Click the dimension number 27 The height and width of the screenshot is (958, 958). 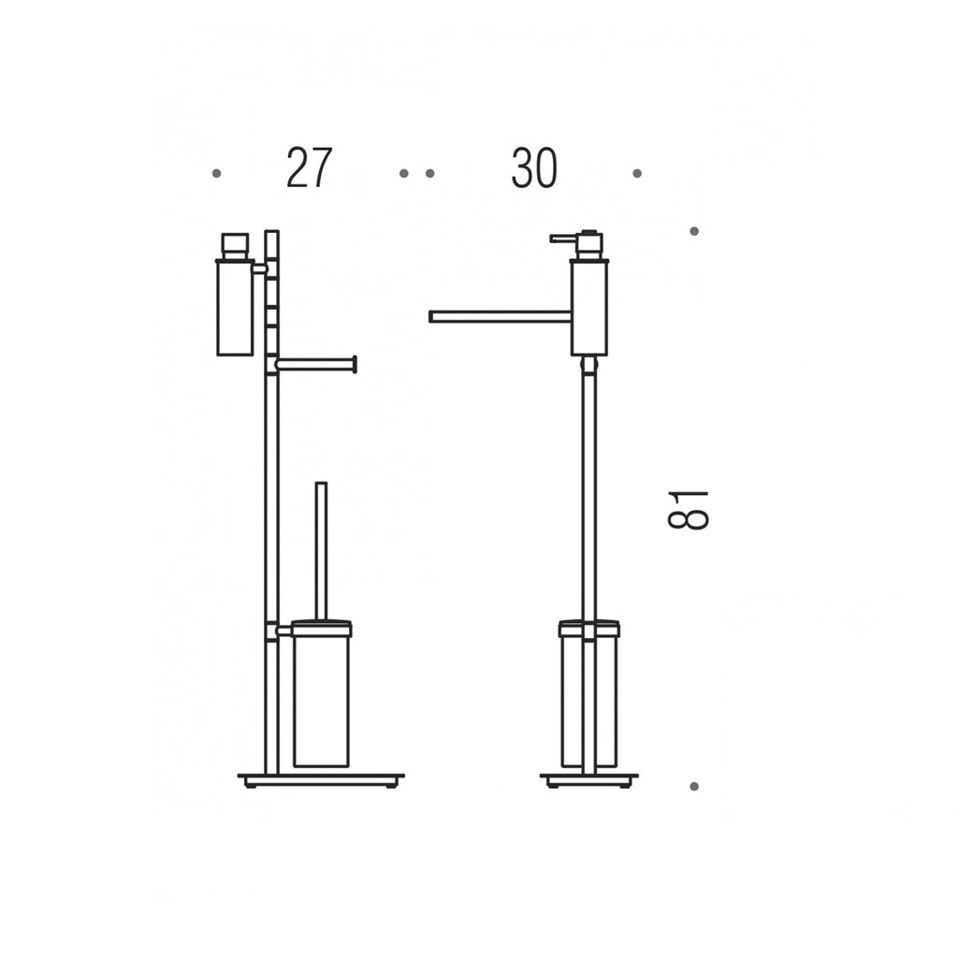tap(309, 167)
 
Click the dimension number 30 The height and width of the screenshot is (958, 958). tap(534, 167)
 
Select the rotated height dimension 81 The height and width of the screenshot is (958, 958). tap(688, 510)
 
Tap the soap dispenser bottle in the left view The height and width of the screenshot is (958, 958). tap(235, 307)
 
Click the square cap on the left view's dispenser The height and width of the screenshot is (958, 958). tap(235, 246)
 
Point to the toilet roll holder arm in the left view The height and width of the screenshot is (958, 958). tap(316, 365)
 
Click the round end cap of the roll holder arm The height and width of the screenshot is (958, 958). tap(355, 365)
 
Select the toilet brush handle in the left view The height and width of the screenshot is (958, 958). tap(321, 551)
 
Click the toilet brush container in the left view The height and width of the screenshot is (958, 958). tap(322, 694)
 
